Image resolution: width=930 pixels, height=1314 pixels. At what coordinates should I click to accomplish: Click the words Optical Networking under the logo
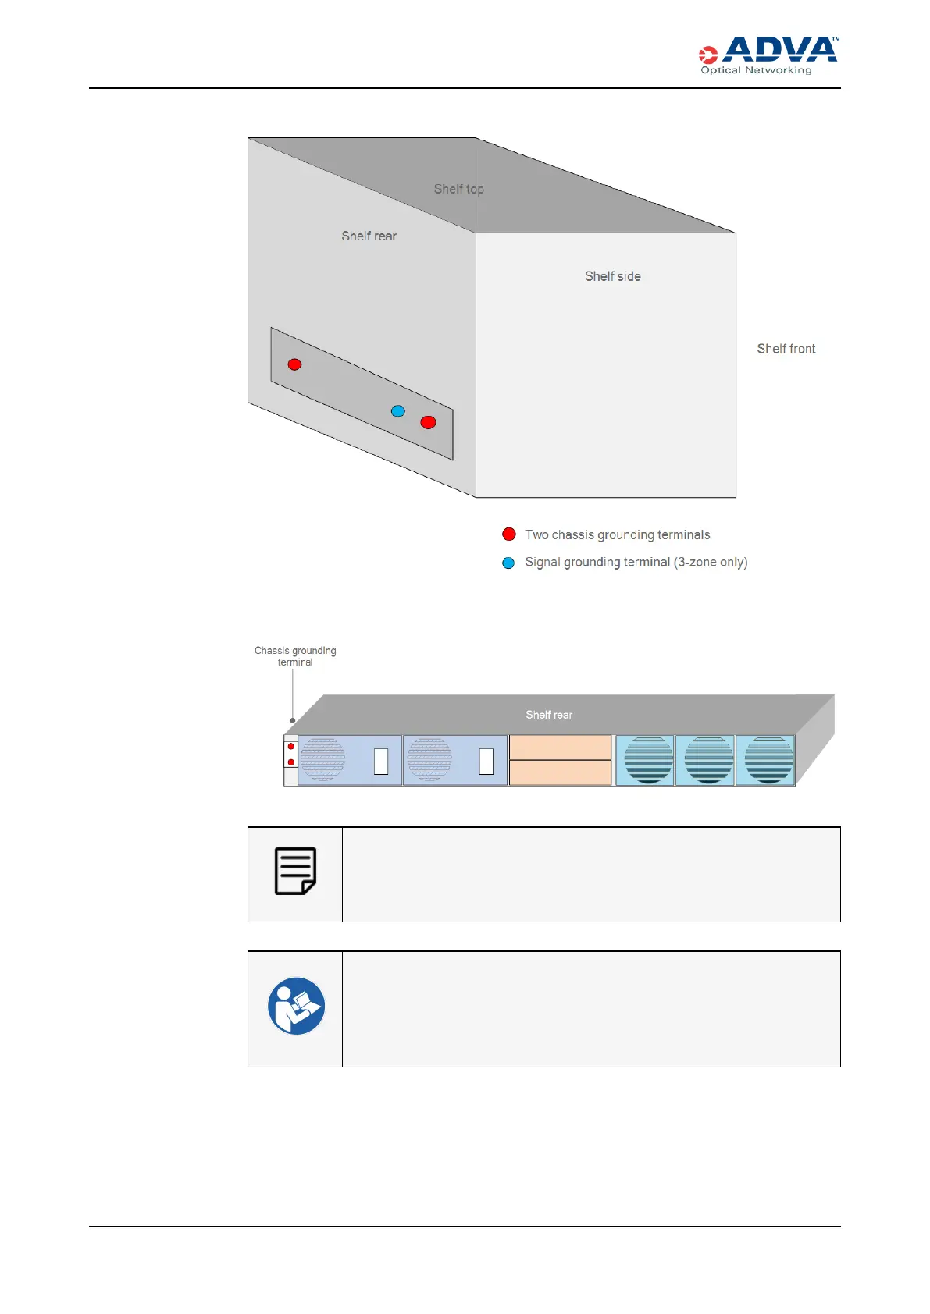tap(756, 70)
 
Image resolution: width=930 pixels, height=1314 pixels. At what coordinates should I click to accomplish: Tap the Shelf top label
tap(458, 189)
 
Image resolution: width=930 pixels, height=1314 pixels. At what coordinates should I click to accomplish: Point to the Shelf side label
tap(612, 276)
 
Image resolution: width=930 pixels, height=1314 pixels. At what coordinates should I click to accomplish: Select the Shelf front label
tap(786, 349)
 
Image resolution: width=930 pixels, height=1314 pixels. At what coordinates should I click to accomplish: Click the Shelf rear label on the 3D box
tap(369, 236)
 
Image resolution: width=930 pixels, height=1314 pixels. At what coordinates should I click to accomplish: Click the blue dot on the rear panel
tap(398, 411)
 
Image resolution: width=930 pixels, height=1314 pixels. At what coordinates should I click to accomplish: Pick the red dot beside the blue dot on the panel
tap(428, 422)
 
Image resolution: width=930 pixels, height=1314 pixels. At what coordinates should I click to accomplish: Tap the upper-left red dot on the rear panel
tap(294, 364)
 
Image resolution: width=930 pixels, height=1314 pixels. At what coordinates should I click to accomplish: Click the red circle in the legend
tap(509, 534)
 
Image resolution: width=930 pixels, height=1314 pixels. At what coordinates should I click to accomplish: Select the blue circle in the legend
tap(508, 563)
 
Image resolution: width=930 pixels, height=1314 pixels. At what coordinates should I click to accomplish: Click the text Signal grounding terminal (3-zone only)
tap(636, 562)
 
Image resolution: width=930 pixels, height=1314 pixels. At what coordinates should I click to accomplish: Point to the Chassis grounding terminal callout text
tap(295, 656)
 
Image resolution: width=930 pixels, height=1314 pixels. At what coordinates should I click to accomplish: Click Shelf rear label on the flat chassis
tap(548, 715)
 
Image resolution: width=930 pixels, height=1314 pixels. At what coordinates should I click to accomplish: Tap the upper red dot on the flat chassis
tap(291, 747)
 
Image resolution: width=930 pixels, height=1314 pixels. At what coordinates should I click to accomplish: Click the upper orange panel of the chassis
tap(560, 747)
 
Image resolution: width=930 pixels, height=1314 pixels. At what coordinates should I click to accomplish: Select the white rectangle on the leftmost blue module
tap(381, 761)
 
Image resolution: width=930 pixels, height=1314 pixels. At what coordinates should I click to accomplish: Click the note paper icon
tap(295, 871)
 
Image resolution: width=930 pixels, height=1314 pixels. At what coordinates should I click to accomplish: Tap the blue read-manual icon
tap(296, 1006)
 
